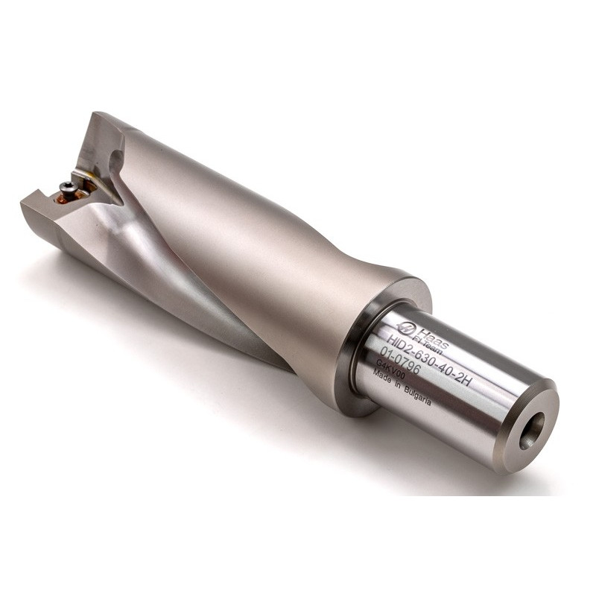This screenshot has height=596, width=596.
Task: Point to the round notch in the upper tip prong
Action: pyautogui.click(x=115, y=158)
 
